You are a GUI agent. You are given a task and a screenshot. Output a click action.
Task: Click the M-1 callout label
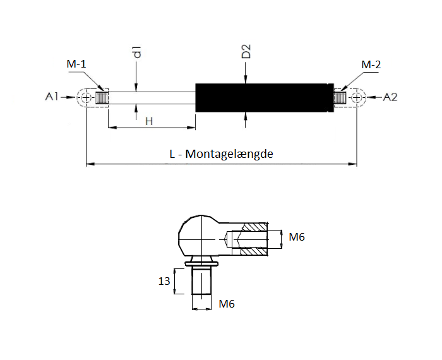pos(76,64)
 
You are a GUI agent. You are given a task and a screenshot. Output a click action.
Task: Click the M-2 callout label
pos(371,64)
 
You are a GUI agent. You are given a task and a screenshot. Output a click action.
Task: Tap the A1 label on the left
pos(52,97)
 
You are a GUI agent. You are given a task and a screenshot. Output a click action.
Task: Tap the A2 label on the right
pos(390,97)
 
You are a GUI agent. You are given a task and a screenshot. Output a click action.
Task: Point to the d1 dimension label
pos(137,52)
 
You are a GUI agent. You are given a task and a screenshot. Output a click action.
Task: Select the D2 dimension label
pos(246,51)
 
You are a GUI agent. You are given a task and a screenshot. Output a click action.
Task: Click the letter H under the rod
pos(149,121)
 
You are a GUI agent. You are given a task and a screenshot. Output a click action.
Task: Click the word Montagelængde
pos(229,154)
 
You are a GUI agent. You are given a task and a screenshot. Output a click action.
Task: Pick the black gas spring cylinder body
pos(265,97)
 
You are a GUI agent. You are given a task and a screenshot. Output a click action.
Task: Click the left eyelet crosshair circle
pos(86,97)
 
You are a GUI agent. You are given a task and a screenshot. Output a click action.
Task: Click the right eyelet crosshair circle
pos(357,97)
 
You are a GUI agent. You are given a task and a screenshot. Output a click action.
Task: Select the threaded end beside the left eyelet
pos(101,97)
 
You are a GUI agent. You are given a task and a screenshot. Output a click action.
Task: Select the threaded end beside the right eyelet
pos(340,97)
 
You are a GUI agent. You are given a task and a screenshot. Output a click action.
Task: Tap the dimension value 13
pos(164,281)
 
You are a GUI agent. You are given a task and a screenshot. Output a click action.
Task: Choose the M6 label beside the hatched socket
pos(297,237)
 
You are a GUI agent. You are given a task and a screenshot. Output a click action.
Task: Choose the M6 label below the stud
pos(227,304)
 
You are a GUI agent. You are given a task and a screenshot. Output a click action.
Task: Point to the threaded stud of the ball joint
pos(201,281)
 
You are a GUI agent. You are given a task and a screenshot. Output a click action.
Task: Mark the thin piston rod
pos(152,98)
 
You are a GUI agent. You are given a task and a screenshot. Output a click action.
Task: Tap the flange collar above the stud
pos(201,263)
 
